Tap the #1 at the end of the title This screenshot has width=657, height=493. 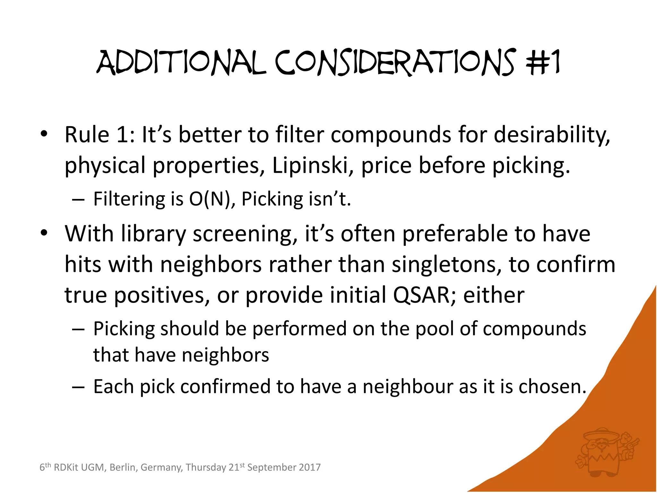click(543, 63)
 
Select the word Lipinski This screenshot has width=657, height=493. click(310, 165)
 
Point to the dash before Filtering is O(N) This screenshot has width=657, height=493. click(78, 200)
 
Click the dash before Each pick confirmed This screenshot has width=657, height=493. click(78, 387)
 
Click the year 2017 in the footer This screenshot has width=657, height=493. click(309, 467)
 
